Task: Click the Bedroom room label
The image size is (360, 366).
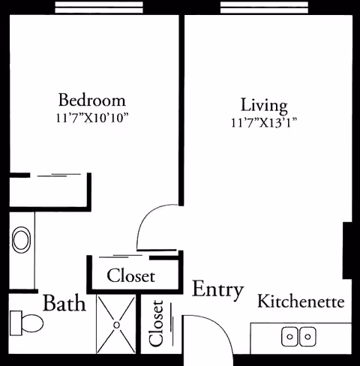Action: pyautogui.click(x=92, y=100)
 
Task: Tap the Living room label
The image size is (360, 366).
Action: pyautogui.click(x=264, y=104)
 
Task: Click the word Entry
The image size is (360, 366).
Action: pyautogui.click(x=217, y=290)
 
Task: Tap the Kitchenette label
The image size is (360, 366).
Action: pyautogui.click(x=301, y=302)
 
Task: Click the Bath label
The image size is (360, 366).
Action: pyautogui.click(x=64, y=304)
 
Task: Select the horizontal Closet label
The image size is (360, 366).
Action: pyautogui.click(x=130, y=276)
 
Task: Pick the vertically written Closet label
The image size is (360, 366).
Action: pyautogui.click(x=157, y=323)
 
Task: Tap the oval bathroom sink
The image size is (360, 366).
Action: pyautogui.click(x=22, y=241)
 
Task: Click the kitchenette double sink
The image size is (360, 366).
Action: pyautogui.click(x=297, y=337)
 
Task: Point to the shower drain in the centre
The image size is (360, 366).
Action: pyautogui.click(x=116, y=325)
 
